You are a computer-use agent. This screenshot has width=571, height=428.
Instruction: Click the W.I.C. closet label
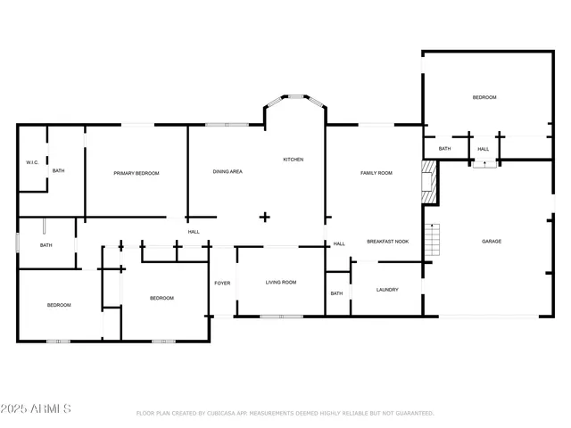click(30, 162)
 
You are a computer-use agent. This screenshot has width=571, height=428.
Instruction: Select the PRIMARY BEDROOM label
click(137, 173)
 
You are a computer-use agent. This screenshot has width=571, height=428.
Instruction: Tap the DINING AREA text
click(228, 171)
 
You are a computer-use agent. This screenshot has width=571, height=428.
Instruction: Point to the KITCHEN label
click(294, 160)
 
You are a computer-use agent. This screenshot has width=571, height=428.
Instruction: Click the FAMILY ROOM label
click(376, 172)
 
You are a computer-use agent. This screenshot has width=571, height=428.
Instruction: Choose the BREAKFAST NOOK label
click(388, 242)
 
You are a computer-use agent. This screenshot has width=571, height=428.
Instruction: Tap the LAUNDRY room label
click(387, 290)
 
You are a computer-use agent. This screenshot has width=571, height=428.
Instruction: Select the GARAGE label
click(492, 242)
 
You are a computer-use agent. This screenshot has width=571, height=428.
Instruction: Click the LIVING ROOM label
click(281, 283)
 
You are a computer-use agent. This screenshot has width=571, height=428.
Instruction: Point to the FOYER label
click(222, 284)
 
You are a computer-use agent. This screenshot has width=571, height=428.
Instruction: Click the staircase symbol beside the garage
click(434, 239)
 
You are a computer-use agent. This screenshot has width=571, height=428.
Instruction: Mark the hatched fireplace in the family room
click(429, 180)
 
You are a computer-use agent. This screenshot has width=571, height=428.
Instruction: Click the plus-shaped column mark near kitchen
click(264, 217)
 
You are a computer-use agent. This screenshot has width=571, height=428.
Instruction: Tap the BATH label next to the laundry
click(336, 293)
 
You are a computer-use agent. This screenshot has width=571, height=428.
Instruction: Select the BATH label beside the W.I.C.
click(58, 170)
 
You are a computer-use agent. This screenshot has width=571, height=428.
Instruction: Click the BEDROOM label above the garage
click(484, 97)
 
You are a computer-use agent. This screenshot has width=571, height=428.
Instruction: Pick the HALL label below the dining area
click(194, 232)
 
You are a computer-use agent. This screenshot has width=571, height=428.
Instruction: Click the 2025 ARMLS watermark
click(37, 408)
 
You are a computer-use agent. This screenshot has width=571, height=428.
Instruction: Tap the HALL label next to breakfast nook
click(339, 243)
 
